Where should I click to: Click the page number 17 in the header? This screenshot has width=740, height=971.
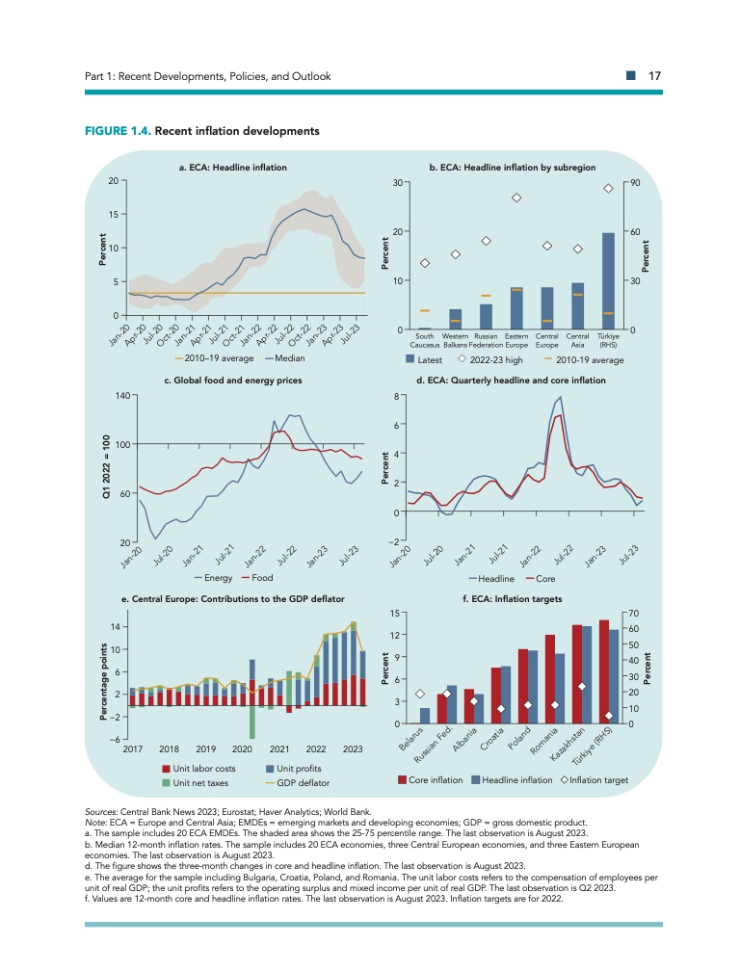pyautogui.click(x=653, y=76)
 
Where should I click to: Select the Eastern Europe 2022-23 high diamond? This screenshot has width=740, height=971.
pyautogui.click(x=516, y=197)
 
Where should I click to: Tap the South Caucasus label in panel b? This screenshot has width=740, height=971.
pyautogui.click(x=425, y=340)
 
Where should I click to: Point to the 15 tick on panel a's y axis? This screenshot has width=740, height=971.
pyautogui.click(x=114, y=214)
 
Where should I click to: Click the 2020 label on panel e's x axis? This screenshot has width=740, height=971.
pyautogui.click(x=242, y=748)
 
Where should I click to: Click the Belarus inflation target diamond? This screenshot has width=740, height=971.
pyautogui.click(x=420, y=694)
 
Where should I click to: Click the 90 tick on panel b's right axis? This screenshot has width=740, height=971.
pyautogui.click(x=633, y=183)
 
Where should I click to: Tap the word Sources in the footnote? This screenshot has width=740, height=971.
pyautogui.click(x=104, y=815)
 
